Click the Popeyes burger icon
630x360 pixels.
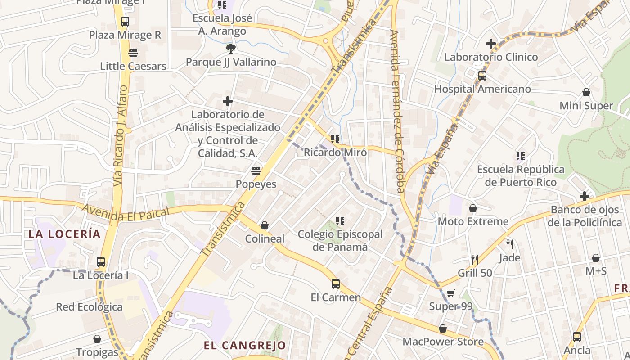pos(256,171)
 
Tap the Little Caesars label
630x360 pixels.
pos(133,66)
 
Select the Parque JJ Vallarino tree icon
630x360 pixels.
pos(231,48)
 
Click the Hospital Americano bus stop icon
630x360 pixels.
pos(482,75)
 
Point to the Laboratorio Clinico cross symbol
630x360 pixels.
pos(491,44)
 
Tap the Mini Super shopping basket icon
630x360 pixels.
pos(586,92)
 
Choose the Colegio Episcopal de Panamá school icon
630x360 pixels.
pos(340,221)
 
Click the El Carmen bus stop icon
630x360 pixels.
pos(336,284)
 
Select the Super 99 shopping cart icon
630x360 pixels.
pos(451,293)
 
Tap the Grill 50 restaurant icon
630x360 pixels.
pos(475,259)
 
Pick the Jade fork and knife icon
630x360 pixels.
pos(510,244)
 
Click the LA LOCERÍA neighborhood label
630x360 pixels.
pos(64,234)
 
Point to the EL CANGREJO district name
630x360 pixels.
pos(245,346)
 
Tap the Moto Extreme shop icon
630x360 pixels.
pos(473,208)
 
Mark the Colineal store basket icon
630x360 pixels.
pos(265,225)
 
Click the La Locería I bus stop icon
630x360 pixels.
pos(101,261)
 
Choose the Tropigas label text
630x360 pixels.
pos(97,352)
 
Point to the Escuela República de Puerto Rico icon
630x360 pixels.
pos(521,156)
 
